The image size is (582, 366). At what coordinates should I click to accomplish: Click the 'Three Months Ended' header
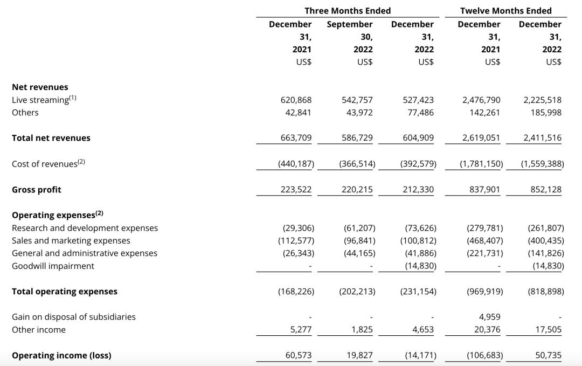point(348,11)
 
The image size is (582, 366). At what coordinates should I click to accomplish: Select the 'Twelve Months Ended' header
point(505,11)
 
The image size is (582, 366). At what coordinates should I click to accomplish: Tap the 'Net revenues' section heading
point(40,87)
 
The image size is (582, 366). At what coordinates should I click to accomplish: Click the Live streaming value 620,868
point(296,100)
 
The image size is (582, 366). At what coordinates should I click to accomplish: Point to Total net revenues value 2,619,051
point(481,138)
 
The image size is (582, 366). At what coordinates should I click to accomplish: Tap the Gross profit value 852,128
point(545,190)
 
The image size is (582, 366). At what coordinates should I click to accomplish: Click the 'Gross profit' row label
point(37,190)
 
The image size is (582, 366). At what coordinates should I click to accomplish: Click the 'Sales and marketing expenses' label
point(71,240)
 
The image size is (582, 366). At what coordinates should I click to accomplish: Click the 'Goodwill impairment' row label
point(53,266)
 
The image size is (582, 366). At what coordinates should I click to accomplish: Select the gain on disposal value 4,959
point(489,317)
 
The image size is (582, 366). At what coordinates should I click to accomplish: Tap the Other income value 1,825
point(362,330)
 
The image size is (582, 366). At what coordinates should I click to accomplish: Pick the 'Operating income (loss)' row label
point(61,356)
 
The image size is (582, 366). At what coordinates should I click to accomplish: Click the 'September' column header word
point(350,24)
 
